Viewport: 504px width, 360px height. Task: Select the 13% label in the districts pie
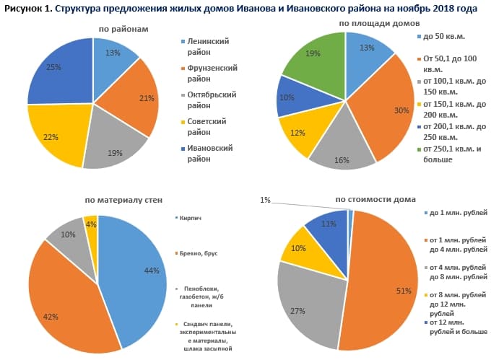112,53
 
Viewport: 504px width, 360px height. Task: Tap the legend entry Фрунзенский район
207,74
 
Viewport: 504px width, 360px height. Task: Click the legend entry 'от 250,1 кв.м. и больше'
451,154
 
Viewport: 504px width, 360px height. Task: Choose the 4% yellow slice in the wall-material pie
90,226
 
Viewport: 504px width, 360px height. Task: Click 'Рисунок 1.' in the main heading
28,9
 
